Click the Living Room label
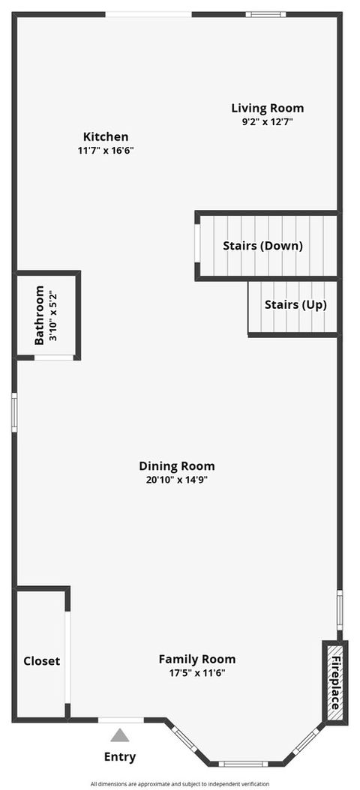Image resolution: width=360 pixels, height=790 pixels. click(x=267, y=108)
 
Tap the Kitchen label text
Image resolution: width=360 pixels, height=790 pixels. click(x=105, y=136)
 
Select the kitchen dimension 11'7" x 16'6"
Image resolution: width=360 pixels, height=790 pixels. click(x=105, y=150)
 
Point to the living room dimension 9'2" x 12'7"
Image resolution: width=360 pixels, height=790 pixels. click(x=267, y=121)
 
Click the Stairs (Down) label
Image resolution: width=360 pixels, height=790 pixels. click(x=262, y=246)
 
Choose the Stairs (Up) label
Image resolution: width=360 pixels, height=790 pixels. click(x=295, y=305)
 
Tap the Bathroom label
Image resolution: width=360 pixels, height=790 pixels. click(x=40, y=317)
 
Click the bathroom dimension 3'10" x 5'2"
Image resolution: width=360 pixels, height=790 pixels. click(x=52, y=317)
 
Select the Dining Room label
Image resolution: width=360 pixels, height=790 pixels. click(x=177, y=465)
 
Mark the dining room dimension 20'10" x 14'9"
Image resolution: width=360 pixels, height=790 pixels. click(x=177, y=480)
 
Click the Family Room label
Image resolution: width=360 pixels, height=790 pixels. click(x=196, y=659)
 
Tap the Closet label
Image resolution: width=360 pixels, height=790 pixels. click(x=41, y=661)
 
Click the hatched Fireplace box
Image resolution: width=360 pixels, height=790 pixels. click(x=335, y=682)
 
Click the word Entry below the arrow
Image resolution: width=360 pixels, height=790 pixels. click(x=119, y=756)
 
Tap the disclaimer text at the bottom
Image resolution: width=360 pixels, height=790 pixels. click(x=179, y=783)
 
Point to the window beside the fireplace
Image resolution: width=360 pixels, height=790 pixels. click(x=340, y=609)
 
